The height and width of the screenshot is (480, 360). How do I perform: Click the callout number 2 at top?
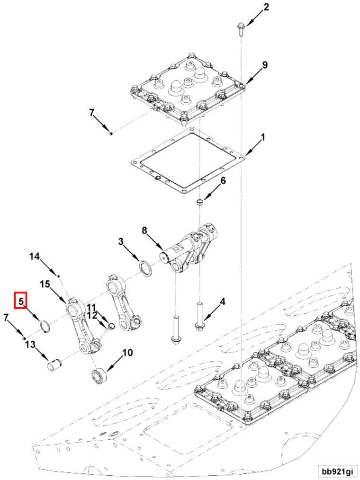click(266, 7)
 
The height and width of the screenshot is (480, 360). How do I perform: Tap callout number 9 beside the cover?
click(264, 65)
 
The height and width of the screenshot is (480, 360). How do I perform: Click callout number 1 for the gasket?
click(263, 138)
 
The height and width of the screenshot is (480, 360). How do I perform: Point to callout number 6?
click(223, 181)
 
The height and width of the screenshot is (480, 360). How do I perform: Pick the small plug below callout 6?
click(200, 203)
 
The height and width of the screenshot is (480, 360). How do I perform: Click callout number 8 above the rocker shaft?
click(145, 231)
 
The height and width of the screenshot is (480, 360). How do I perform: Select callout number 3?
click(121, 242)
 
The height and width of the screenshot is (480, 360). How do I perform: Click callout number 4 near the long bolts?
click(222, 302)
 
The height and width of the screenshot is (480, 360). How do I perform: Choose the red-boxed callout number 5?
click(21, 300)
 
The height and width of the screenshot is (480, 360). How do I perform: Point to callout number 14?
click(35, 257)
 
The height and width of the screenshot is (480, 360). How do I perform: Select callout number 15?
click(45, 284)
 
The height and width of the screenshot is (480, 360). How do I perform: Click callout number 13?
click(30, 345)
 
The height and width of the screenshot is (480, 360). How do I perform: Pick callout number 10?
click(127, 353)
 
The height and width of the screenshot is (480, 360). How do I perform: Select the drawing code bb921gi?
click(337, 471)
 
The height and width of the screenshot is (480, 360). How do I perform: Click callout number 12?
click(92, 315)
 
